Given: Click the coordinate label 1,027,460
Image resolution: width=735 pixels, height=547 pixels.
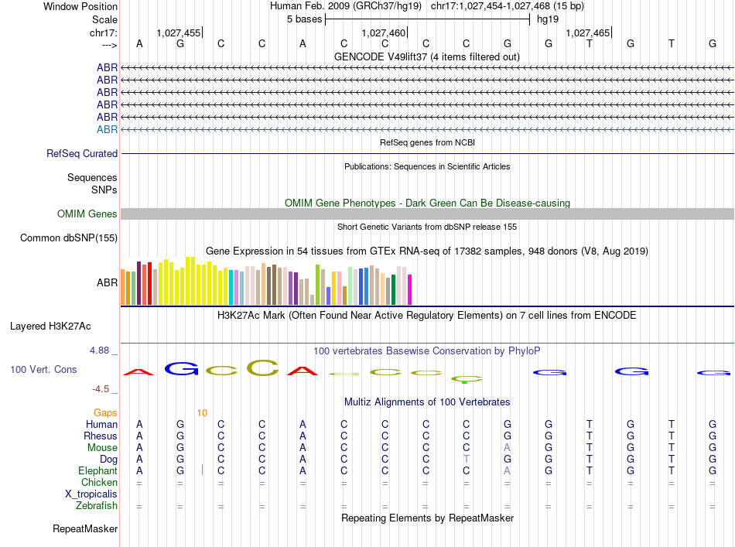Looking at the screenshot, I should [383, 32].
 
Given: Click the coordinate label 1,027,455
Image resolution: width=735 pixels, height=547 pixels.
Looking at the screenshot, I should [178, 32].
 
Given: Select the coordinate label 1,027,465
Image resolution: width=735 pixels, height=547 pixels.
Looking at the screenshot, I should [587, 32].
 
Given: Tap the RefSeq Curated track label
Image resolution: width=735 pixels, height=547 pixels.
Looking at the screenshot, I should [82, 154].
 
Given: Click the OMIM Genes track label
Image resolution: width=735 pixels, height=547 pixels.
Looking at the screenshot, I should [87, 214].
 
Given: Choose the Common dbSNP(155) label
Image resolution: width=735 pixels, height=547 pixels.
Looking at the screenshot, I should [69, 238].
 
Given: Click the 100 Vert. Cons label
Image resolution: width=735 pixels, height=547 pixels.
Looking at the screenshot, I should [43, 370].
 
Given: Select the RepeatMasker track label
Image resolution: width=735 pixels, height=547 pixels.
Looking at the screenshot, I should [85, 529].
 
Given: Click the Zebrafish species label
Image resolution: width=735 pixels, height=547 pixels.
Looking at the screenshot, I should [97, 506].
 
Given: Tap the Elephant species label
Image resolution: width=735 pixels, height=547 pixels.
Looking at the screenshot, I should [97, 470].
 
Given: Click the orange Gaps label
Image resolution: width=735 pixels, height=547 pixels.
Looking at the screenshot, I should [105, 412].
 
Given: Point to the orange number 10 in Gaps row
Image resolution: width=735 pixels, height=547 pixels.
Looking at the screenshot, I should [201, 412].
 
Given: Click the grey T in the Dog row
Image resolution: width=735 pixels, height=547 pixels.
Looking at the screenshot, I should [466, 459].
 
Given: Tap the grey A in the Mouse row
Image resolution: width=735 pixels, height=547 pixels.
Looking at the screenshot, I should [507, 447].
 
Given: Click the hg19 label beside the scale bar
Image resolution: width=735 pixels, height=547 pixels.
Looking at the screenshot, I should [547, 19].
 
